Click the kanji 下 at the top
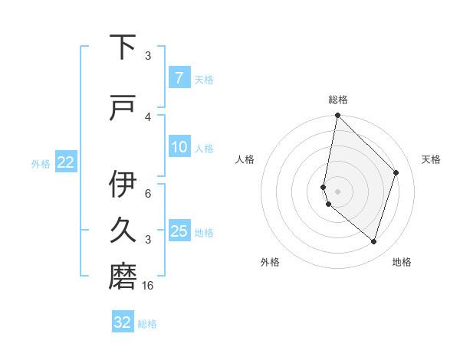[123, 47]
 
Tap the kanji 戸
[123, 108]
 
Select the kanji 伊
[123, 185]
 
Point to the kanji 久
[123, 231]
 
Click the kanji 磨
[123, 277]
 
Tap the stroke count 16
[149, 286]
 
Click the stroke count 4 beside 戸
[148, 116]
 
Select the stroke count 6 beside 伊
[148, 193]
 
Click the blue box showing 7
[179, 77]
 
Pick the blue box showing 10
[179, 146]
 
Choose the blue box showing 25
[179, 231]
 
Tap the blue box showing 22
[65, 162]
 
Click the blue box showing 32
[123, 322]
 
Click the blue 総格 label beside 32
[147, 324]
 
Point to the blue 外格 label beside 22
[41, 163]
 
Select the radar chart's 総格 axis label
[337, 100]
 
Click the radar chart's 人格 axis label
[245, 159]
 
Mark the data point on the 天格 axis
[396, 172]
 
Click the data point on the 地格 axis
[374, 241]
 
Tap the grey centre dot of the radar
[337, 191]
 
